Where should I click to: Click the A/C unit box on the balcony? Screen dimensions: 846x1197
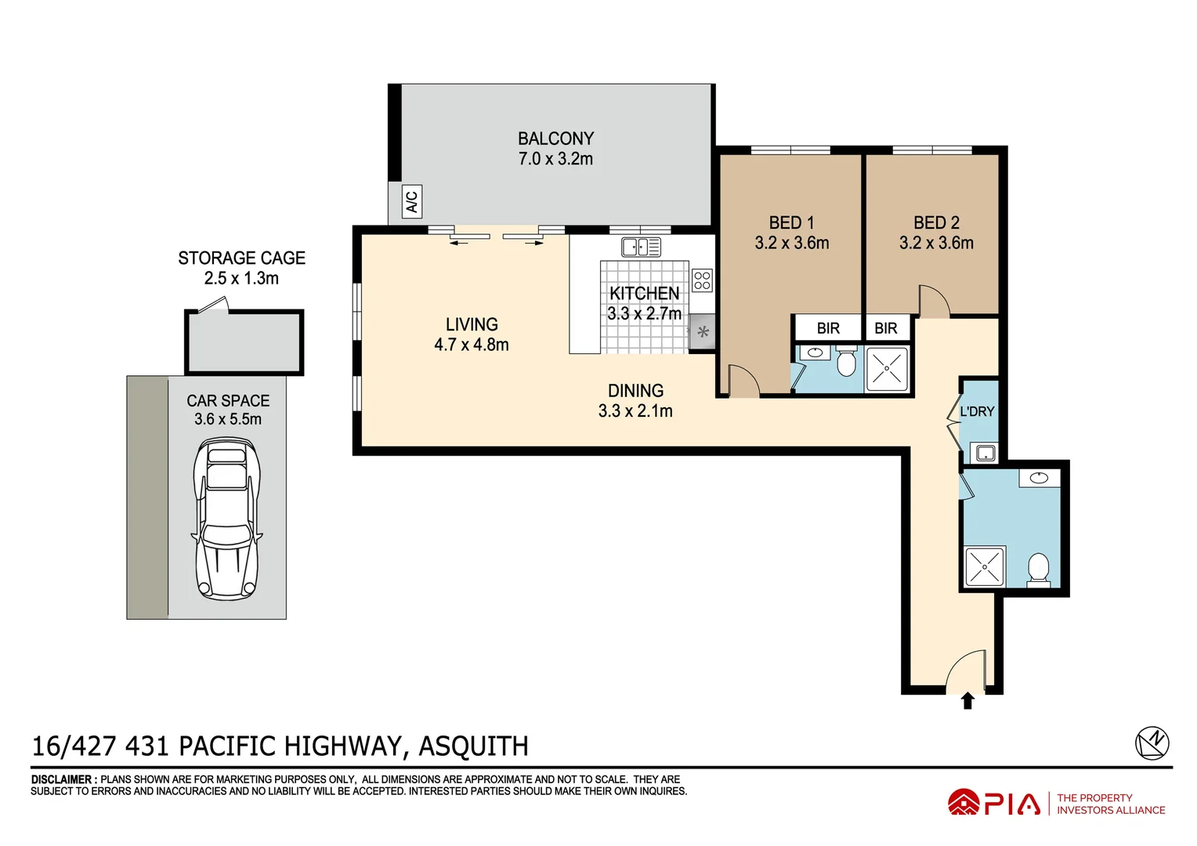[x=411, y=201]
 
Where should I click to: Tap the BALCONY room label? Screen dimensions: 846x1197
[x=555, y=139]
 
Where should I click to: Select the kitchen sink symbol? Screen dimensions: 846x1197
[x=641, y=248]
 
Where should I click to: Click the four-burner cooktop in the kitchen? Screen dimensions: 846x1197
[x=702, y=280]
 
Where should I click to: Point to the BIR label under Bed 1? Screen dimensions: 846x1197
[x=828, y=328]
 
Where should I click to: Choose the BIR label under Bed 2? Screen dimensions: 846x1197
[x=886, y=328]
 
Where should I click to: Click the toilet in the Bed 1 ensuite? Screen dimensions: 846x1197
[x=846, y=363]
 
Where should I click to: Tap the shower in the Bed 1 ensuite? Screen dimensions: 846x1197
[x=887, y=369]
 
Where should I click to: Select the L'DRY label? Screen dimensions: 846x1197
[x=977, y=411]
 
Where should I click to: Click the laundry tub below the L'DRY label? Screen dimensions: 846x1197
[x=984, y=453]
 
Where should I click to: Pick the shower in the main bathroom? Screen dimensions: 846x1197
[x=984, y=566]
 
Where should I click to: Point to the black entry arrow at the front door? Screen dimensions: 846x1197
[x=967, y=700]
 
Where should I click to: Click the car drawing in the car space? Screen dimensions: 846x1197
[x=227, y=519]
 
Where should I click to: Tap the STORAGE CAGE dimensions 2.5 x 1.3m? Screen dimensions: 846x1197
[x=241, y=279]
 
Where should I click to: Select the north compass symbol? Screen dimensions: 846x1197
[x=1152, y=743]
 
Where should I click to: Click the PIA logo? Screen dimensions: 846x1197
[x=994, y=804]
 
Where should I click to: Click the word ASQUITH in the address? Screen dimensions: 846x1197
[x=473, y=747]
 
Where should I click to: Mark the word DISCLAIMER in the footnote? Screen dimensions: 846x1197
[x=63, y=779]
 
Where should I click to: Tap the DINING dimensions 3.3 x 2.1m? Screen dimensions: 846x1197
[x=635, y=411]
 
